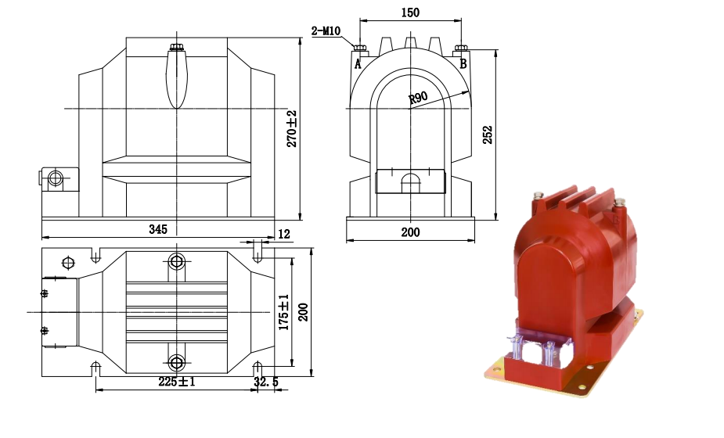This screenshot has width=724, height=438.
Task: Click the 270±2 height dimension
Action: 292,129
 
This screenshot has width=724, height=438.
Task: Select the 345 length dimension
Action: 158,229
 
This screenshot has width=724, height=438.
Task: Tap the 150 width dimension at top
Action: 409,13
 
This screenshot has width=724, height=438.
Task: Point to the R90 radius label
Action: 419,99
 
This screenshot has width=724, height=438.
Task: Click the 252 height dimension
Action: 487,135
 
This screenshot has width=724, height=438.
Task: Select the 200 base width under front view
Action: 410,232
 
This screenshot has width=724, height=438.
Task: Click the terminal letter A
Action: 358,64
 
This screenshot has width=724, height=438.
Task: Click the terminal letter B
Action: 463,63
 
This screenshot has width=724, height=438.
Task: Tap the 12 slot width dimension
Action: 283,234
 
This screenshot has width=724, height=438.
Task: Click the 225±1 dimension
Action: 176,382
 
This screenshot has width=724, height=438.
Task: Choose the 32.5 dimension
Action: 266,382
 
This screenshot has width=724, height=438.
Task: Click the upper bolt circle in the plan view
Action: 177,262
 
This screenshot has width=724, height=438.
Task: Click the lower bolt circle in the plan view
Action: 177,363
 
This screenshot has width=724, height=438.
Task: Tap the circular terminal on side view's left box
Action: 56,178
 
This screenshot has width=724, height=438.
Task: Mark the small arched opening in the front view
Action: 410,183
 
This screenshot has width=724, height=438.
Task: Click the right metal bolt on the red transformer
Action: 621,206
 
